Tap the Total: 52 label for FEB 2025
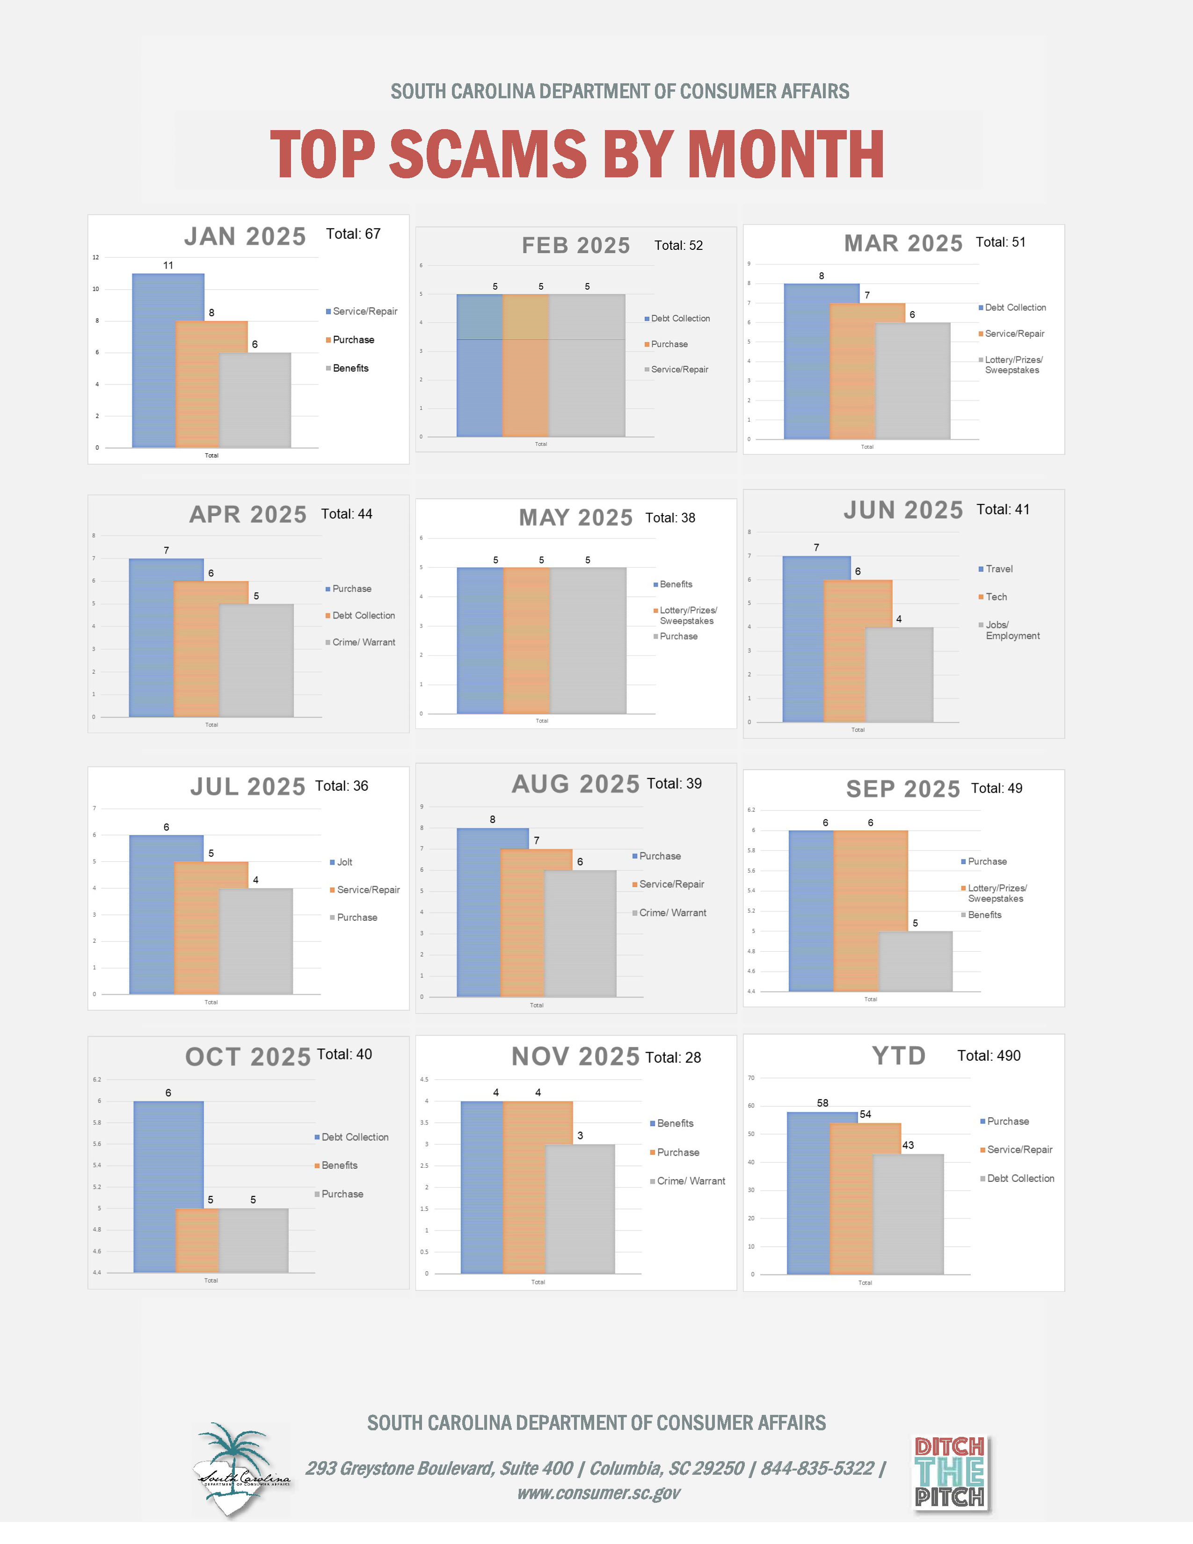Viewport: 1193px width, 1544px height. pos(678,245)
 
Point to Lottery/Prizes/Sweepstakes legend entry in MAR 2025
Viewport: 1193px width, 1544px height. pos(1013,365)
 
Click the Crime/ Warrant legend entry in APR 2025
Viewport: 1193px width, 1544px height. pos(363,642)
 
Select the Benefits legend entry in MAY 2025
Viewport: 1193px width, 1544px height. pos(675,584)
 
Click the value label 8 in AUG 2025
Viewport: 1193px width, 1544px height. pos(493,819)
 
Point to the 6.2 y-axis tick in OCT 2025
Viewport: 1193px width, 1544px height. pos(97,1079)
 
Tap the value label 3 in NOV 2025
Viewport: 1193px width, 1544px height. pos(580,1136)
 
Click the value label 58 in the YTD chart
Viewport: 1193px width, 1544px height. pos(822,1103)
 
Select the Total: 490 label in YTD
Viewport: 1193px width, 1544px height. pos(988,1056)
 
